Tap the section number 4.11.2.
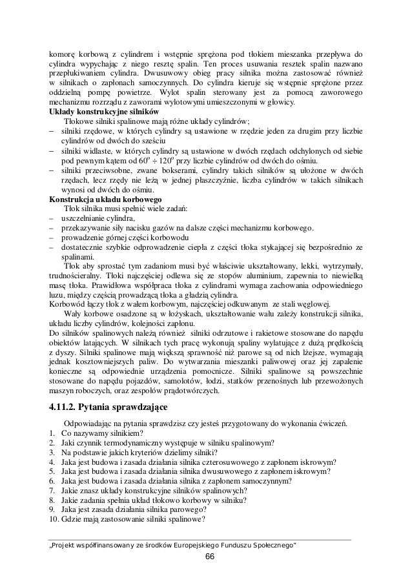[x=70, y=408]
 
